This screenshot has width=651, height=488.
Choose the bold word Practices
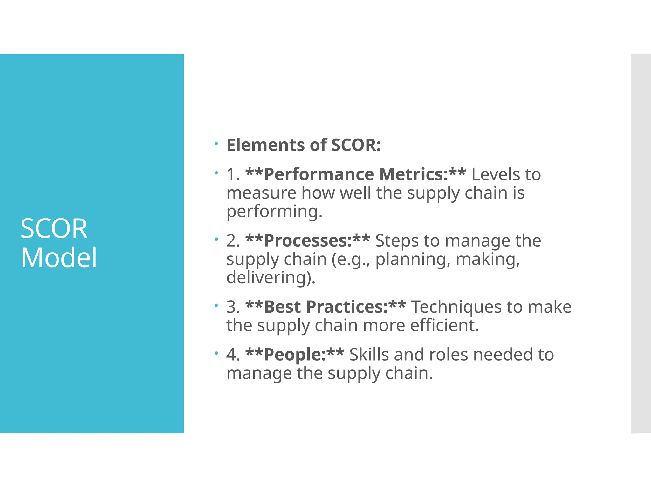[347, 307]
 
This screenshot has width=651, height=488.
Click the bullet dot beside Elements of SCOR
[216, 144]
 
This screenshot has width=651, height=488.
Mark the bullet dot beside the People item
[216, 353]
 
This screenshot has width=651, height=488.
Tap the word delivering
[271, 277]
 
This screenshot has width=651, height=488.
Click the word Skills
[369, 355]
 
